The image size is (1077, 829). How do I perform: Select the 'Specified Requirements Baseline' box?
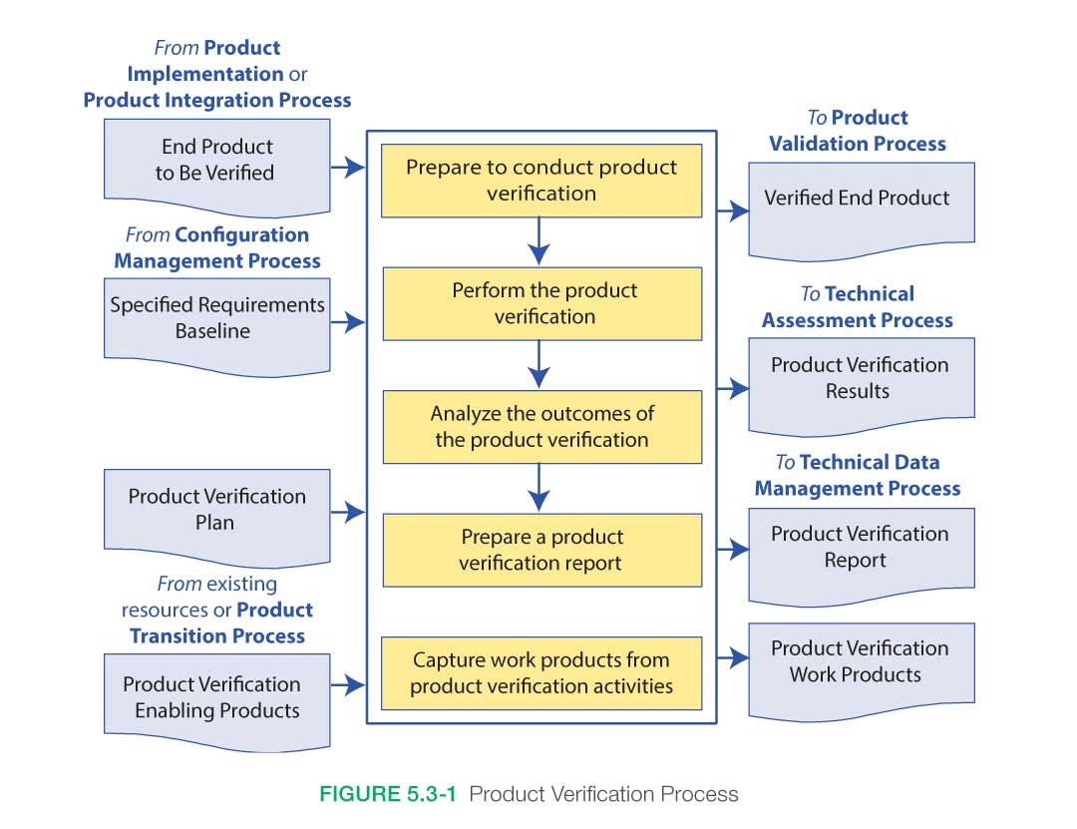215,318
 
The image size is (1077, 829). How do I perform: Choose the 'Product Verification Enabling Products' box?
215,697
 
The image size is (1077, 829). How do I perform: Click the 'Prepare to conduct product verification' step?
541,181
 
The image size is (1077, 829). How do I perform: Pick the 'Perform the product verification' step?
541,303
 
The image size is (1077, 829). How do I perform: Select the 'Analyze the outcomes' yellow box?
541,426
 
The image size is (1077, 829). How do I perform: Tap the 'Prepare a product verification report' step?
541,550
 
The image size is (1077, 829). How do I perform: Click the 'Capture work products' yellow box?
541,672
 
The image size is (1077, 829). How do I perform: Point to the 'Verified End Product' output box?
860,199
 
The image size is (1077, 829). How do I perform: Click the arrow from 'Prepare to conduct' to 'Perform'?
538,241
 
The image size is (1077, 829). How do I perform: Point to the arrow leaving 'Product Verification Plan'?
348,513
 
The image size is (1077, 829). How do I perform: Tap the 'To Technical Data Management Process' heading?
858,476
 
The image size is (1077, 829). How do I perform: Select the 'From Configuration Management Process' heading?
217,248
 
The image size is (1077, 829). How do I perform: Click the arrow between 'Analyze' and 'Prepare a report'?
538,488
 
